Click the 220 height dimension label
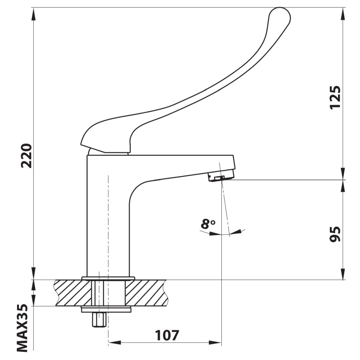click(x=27, y=156)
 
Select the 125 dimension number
click(x=335, y=97)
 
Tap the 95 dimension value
click(x=335, y=234)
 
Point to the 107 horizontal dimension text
click(x=167, y=335)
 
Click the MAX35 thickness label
click(x=22, y=328)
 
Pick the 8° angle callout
click(x=208, y=224)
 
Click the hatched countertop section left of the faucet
click(x=73, y=293)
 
